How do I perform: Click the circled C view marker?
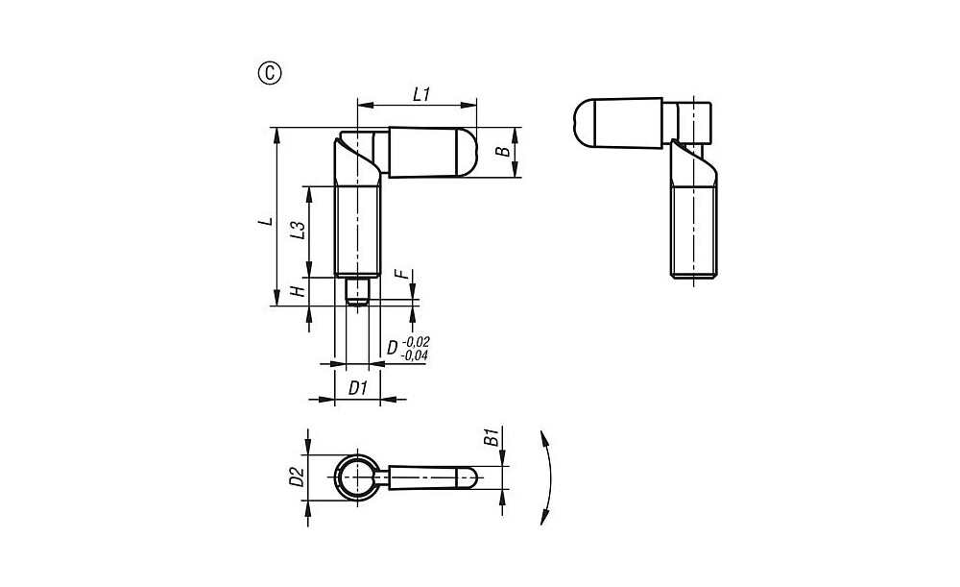click(270, 74)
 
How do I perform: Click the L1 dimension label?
click(421, 94)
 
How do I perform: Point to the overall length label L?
click(266, 220)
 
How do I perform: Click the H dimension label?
click(298, 290)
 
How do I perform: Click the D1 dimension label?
click(358, 388)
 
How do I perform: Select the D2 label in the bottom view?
click(297, 477)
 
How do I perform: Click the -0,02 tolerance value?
click(415, 342)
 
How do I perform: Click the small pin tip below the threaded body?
click(356, 291)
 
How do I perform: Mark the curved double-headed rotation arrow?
click(550, 477)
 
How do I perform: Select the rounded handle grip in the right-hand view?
click(617, 123)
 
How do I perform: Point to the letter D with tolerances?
click(393, 348)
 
